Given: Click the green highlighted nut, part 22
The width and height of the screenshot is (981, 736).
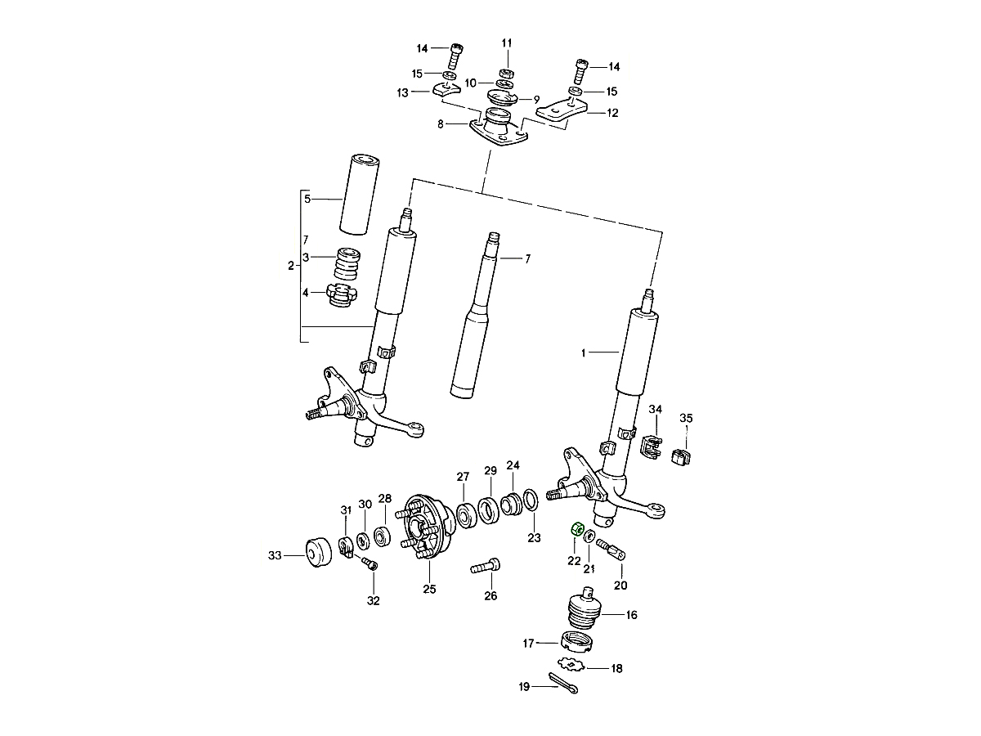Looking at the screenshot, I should tap(575, 528).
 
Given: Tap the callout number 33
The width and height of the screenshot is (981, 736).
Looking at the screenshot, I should tap(274, 556).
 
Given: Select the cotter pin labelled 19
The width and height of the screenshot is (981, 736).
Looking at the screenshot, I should tap(563, 682).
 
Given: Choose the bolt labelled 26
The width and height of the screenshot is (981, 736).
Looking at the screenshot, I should tap(486, 566).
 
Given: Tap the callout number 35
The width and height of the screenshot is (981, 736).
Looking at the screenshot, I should tap(686, 419).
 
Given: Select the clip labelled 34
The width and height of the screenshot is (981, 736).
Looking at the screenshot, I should tap(651, 447).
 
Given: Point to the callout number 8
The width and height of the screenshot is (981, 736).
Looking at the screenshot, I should tap(441, 124).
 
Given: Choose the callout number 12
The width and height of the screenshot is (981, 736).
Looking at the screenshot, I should tap(612, 113).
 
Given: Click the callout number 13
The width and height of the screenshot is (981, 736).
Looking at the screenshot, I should tap(402, 92).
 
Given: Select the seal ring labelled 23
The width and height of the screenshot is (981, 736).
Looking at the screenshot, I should tap(530, 500).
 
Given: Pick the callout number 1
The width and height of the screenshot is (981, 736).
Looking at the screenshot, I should tap(584, 353).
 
